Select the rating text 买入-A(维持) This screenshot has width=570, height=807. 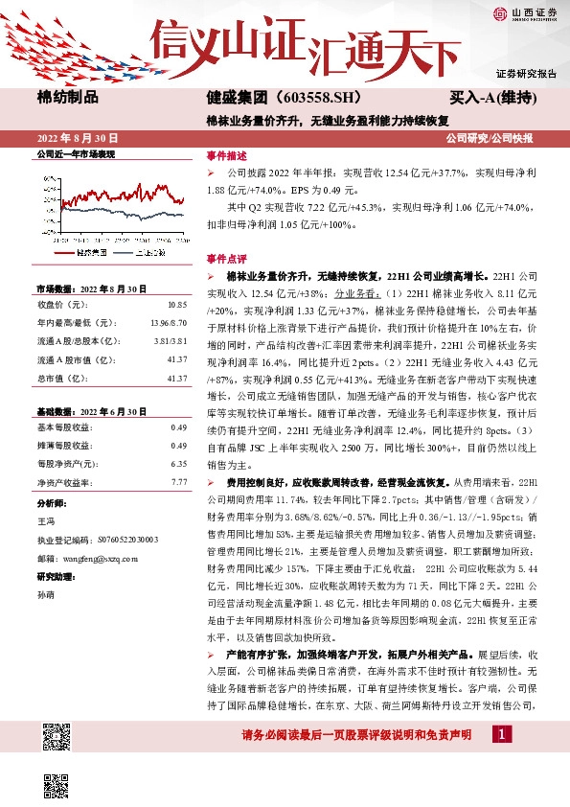click(492, 97)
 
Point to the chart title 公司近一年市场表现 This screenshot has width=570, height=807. click(76, 154)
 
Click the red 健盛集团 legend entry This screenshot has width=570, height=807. click(81, 251)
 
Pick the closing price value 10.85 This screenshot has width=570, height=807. click(177, 304)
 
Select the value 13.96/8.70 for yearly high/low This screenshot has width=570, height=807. click(167, 322)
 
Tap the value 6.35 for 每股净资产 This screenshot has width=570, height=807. click(177, 463)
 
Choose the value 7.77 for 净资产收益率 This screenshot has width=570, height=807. click(177, 481)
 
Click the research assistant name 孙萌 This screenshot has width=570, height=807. click(45, 594)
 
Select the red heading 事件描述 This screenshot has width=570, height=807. click(226, 155)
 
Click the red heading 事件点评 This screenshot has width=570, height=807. click(226, 259)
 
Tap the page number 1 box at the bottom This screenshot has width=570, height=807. click(501, 733)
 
